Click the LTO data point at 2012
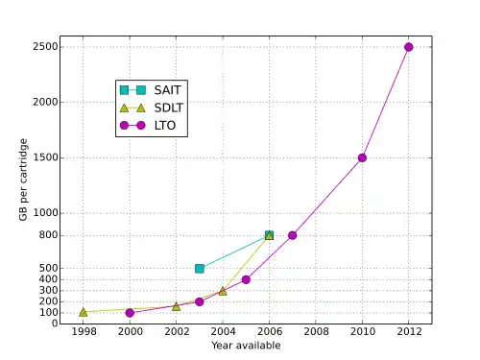pos(408,47)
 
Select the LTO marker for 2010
pos(362,157)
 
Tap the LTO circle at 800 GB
pos(292,235)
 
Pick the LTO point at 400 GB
pos(246,279)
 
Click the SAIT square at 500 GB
pos(200,269)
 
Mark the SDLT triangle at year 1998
pos(84,312)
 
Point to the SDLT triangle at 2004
pos(223,291)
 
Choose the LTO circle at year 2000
pos(130,313)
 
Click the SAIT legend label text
pos(167,90)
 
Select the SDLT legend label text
pos(169,108)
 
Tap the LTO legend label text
pos(165,126)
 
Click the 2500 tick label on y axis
pos(45,47)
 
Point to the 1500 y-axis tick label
pos(45,157)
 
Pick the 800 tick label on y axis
pos(48,235)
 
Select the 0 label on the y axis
pos(55,324)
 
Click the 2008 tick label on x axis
pos(316,331)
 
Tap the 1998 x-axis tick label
pos(84,331)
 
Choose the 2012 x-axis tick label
pos(409,331)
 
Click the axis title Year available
pos(246,346)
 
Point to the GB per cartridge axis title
pos(23,180)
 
